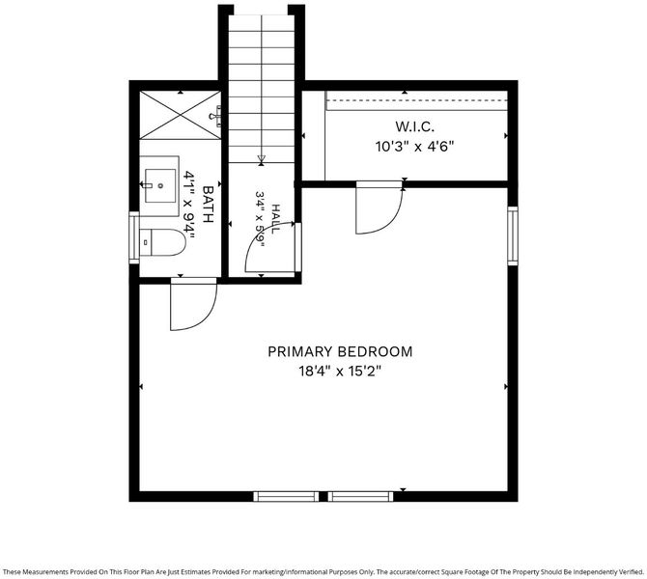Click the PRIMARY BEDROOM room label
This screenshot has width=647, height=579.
click(340, 352)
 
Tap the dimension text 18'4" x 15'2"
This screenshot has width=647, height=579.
click(340, 372)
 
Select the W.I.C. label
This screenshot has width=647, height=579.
click(414, 126)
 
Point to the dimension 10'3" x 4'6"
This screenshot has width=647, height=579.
click(414, 147)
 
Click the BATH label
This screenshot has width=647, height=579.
click(209, 205)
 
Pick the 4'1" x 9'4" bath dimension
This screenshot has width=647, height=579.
click(189, 205)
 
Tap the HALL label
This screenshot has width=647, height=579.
click(275, 219)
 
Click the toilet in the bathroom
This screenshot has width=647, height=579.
click(162, 242)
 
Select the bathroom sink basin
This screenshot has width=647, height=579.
click(160, 185)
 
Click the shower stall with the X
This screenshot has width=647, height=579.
click(181, 115)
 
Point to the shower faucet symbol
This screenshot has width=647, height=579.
click(216, 116)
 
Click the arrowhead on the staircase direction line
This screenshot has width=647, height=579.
click(261, 159)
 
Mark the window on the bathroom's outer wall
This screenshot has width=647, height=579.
click(134, 237)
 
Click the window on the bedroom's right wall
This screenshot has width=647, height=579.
click(513, 235)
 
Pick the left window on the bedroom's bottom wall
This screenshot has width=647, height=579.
click(287, 496)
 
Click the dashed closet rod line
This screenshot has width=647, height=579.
click(417, 100)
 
